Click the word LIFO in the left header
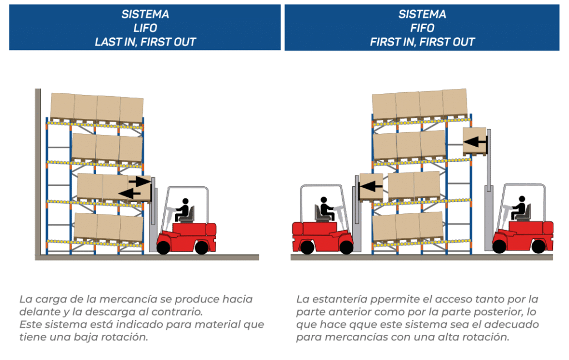[145, 28]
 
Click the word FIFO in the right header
[422, 28]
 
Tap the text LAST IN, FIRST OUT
[145, 42]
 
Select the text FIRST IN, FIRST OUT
[422, 42]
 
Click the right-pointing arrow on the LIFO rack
[139, 181]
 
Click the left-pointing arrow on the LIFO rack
[129, 193]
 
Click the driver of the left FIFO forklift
[324, 208]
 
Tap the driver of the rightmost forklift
[520, 208]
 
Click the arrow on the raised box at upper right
[475, 142]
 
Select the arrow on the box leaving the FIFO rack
[372, 187]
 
